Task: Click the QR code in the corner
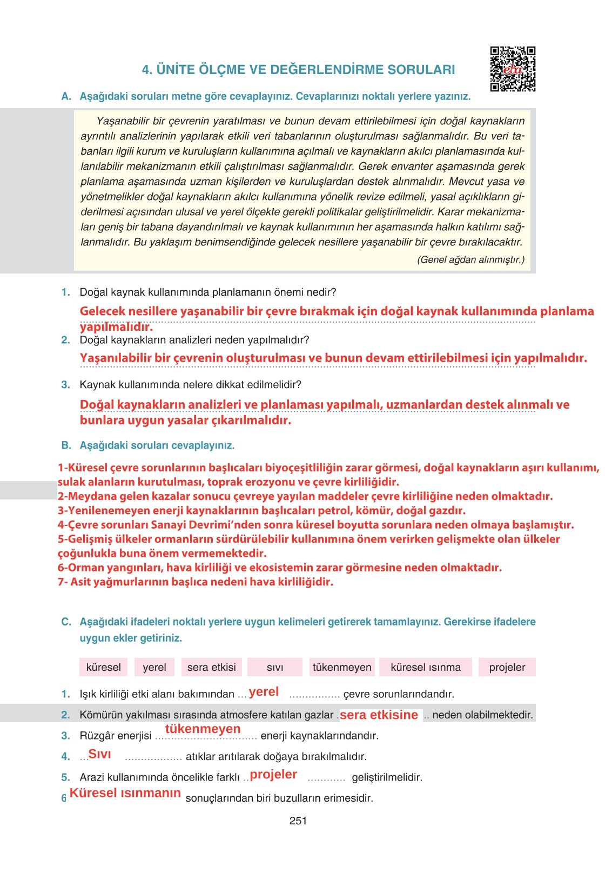coord(512,69)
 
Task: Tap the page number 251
coord(298,821)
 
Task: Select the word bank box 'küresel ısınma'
coord(426,667)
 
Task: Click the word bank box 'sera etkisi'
coord(211,667)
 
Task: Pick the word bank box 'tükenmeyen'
coord(342,667)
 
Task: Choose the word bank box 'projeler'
coord(507,667)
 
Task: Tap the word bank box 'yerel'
coord(154,667)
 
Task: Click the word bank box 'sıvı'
coord(274,667)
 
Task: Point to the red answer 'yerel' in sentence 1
coord(264,692)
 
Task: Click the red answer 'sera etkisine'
coord(379,715)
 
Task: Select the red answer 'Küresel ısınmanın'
coord(125,793)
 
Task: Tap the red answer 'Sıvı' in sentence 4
coord(99,754)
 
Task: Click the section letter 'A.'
coord(66,96)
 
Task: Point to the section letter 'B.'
coord(66,445)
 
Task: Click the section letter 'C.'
coord(66,622)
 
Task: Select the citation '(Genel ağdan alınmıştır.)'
coord(470,259)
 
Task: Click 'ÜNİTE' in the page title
coord(176,70)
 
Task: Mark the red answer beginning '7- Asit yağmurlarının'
coord(196,582)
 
